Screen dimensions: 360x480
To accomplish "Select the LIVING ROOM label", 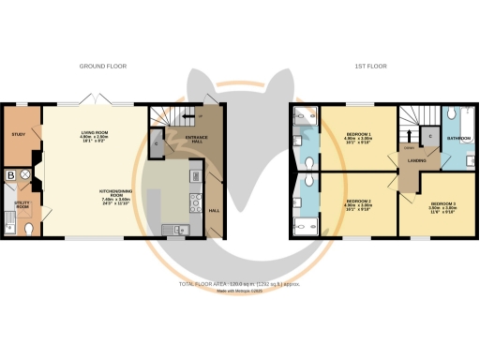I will (x=95, y=135).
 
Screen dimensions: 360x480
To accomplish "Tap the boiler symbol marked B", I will (x=10, y=174).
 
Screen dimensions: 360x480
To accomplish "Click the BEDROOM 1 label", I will (x=357, y=137).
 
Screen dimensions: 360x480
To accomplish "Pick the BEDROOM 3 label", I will (x=443, y=205).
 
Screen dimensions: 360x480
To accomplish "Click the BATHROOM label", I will (x=458, y=138).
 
